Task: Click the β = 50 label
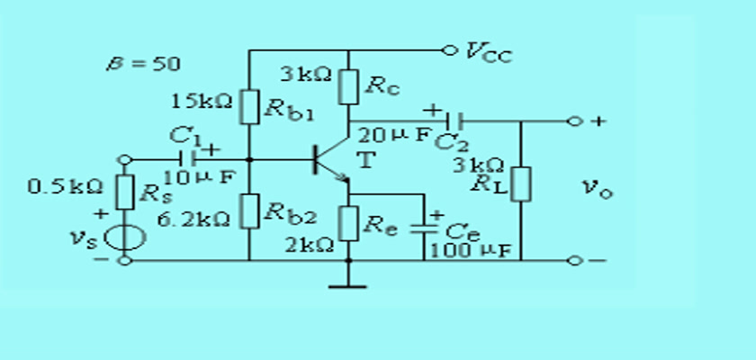tap(144, 64)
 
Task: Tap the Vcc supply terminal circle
tap(449, 49)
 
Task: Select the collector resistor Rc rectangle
tap(348, 86)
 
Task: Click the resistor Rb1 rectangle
tap(249, 106)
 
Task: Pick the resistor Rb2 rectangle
tap(249, 211)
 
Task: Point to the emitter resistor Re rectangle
tap(348, 223)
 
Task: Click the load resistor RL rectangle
tap(521, 184)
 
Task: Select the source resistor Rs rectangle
tap(124, 193)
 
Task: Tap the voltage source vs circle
tap(124, 238)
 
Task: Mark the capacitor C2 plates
tap(454, 121)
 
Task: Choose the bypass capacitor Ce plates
tap(424, 228)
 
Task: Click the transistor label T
tap(366, 159)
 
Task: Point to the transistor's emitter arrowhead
tap(343, 178)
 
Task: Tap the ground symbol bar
tap(347, 287)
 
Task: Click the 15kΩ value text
tap(202, 101)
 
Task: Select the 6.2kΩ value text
tap(194, 220)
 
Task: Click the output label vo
tap(598, 187)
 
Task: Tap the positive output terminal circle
tap(574, 121)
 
